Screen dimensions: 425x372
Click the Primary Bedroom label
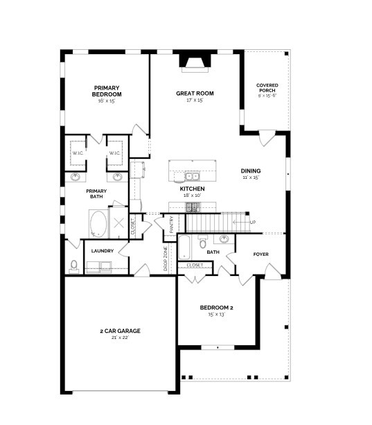(107, 91)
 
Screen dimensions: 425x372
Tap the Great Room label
(195, 93)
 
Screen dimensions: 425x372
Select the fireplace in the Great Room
(194, 62)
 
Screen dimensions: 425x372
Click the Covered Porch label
(267, 87)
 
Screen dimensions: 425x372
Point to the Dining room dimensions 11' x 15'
(250, 178)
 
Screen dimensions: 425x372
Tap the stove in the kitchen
(193, 207)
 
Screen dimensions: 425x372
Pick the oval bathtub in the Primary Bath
(98, 224)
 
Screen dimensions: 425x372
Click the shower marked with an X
(119, 223)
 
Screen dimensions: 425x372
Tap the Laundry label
(101, 251)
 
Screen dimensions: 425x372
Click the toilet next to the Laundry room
(74, 266)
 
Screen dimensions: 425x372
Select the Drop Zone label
(165, 257)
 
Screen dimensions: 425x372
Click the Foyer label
(260, 254)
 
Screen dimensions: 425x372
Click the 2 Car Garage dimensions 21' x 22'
(114, 338)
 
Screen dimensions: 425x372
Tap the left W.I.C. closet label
(77, 153)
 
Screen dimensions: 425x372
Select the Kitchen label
(191, 189)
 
